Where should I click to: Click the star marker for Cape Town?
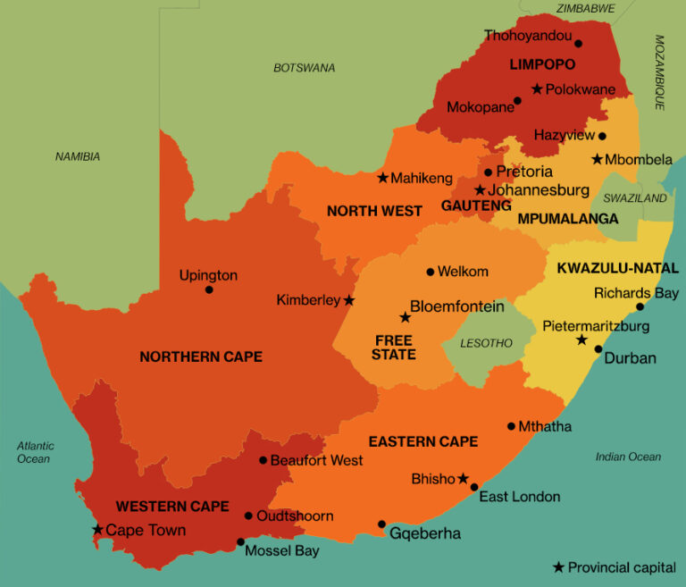tap(97, 530)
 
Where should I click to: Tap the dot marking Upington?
tap(209, 289)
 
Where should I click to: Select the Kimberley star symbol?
tap(348, 300)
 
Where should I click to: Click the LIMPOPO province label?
tap(542, 64)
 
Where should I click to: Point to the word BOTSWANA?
tap(305, 68)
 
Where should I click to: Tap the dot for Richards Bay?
tap(640, 307)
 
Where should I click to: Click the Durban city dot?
tap(598, 349)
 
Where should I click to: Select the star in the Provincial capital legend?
tap(558, 567)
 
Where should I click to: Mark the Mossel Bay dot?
tap(239, 541)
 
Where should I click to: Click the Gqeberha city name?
tap(425, 533)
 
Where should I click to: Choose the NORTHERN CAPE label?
tap(201, 356)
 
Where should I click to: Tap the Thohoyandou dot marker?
tap(578, 43)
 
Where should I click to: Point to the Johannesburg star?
tap(480, 190)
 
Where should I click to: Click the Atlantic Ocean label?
tap(35, 452)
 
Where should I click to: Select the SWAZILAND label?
tap(635, 198)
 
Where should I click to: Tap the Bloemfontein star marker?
tap(405, 317)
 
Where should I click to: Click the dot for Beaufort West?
tap(263, 460)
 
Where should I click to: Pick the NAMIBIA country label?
tap(78, 156)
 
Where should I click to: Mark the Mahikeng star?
tap(382, 178)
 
